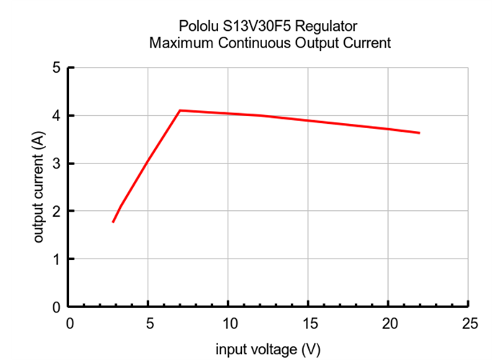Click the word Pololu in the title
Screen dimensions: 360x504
pos(199,26)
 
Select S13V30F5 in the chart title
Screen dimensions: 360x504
pos(254,26)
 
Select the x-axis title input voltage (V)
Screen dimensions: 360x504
pos(269,350)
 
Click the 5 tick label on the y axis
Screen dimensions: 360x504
pos(56,68)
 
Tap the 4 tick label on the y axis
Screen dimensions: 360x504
pos(56,116)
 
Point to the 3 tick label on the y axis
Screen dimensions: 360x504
pos(56,163)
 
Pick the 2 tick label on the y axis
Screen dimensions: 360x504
pos(56,212)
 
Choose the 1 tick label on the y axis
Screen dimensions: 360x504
pos(56,259)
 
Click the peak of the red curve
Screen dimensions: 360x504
pos(180,110)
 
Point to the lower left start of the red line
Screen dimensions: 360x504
pos(113,222)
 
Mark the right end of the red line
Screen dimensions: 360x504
pos(419,132)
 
